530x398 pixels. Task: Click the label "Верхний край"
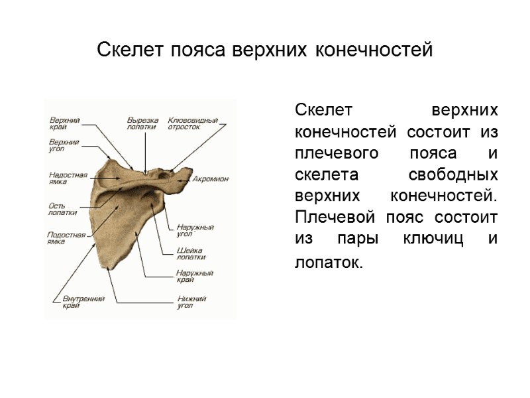click(x=65, y=123)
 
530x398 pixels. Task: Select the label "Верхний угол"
click(x=65, y=146)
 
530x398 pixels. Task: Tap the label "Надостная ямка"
click(x=68, y=178)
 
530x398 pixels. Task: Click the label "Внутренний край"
click(x=78, y=302)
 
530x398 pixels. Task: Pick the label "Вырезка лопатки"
click(x=142, y=123)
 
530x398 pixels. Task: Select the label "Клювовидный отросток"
click(x=193, y=123)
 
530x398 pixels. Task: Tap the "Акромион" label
click(x=211, y=179)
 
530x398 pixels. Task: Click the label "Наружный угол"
click(x=194, y=230)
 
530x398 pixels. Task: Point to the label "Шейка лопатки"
click(x=191, y=253)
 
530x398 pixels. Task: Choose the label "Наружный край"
click(x=194, y=276)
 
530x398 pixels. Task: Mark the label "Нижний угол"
click(x=191, y=302)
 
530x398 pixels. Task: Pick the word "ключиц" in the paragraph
click(x=435, y=239)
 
